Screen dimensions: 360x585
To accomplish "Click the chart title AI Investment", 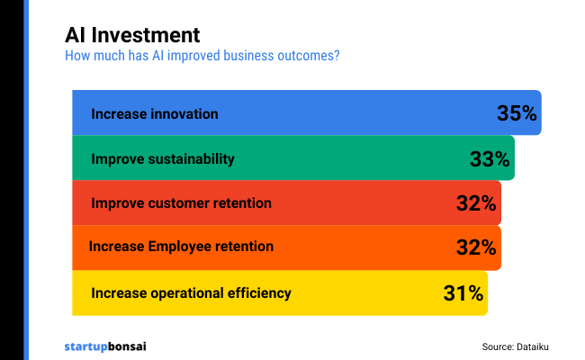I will point(132,35).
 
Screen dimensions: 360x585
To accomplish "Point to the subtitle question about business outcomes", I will point(202,56).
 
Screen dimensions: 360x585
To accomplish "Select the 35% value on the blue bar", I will point(517,113).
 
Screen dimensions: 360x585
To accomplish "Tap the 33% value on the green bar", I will point(490,159).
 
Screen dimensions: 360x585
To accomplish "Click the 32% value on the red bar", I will point(476,203).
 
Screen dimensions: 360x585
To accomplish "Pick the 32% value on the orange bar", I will point(476,247).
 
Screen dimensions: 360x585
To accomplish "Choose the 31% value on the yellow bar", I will point(463,292).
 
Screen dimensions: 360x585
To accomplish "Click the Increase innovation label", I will point(155,114).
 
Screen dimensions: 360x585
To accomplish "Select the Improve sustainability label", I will point(163,159).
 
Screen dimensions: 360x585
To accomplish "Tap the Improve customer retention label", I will point(181,203).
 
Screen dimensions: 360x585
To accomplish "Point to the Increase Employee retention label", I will point(181,247).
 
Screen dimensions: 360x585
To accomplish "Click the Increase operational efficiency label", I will point(191,292).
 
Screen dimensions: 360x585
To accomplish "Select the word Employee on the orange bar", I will point(178,247).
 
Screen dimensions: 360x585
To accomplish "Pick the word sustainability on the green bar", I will point(189,159).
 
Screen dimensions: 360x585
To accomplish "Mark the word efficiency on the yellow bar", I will point(261,292).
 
